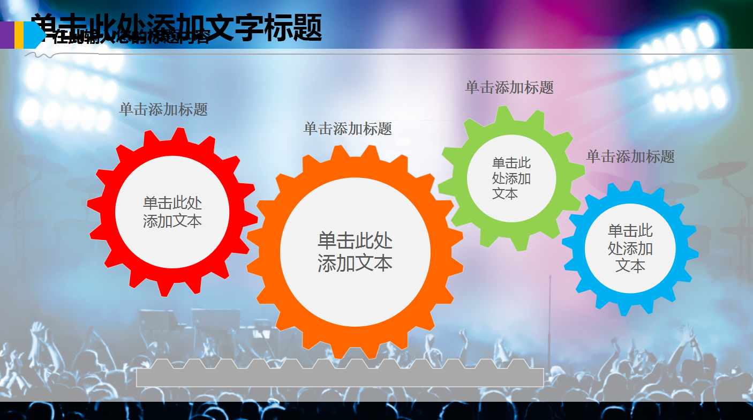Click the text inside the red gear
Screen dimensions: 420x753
[x=172, y=212]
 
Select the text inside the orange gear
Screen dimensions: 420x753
[x=355, y=252]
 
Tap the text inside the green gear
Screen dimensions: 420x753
[x=511, y=178]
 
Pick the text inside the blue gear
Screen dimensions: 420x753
[x=630, y=248]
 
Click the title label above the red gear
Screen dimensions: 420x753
[x=163, y=110]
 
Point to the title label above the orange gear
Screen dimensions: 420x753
[x=348, y=129]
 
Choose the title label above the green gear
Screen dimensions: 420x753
[x=509, y=87]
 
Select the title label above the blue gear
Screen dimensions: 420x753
[x=630, y=156]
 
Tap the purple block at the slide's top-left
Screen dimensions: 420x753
[x=7, y=35]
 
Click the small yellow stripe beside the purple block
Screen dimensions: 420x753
[x=19, y=35]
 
